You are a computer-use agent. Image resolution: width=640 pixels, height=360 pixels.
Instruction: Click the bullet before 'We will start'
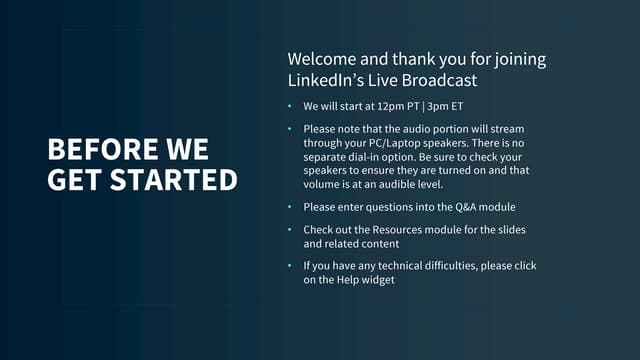[x=290, y=106]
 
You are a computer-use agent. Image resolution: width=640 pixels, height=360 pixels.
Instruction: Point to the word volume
[x=323, y=184]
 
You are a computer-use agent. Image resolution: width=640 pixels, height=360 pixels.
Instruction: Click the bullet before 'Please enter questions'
[x=290, y=207]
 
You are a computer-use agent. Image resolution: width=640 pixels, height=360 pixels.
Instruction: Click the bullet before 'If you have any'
[x=290, y=266]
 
